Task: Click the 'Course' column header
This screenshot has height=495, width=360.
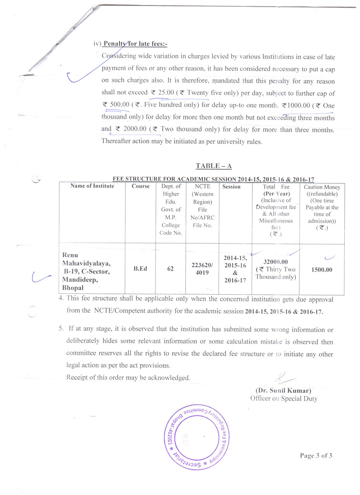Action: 141,186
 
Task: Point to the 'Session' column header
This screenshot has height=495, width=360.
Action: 231,187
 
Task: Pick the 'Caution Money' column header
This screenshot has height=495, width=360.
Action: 322,187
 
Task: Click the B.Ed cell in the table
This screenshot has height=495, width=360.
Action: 141,268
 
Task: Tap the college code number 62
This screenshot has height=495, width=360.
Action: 171,268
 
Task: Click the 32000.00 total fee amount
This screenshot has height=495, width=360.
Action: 275,262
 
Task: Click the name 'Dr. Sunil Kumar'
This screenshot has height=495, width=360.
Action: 283,390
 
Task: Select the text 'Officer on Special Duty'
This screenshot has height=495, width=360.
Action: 283,398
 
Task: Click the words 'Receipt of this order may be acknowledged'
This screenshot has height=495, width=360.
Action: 128,378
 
